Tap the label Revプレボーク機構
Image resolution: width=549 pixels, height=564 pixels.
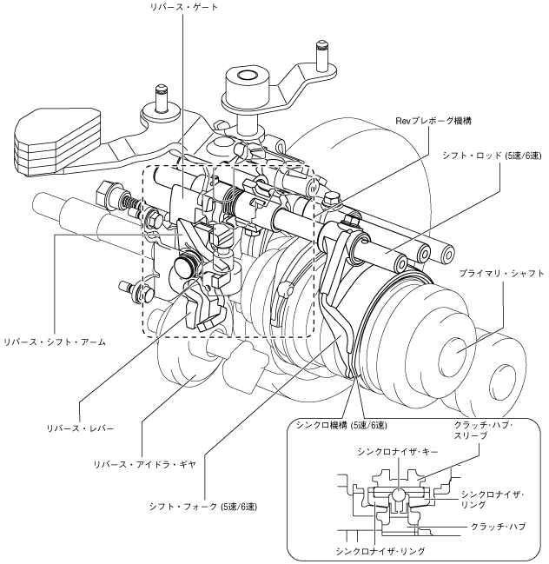[x=433, y=121]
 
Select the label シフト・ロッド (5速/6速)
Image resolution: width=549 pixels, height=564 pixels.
[x=492, y=156]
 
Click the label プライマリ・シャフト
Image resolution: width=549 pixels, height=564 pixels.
[x=501, y=274]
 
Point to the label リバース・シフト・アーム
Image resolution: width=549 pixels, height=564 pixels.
[x=55, y=342]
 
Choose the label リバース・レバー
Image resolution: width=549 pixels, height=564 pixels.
[x=80, y=428]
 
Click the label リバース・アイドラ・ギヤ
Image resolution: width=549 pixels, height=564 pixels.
[x=144, y=464]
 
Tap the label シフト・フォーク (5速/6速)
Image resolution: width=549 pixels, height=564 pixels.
[x=203, y=507]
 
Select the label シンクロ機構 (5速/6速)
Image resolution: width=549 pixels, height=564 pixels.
[x=341, y=426]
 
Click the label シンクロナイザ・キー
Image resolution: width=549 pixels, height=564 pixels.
[x=398, y=452]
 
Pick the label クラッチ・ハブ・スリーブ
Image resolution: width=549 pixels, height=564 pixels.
[x=483, y=430]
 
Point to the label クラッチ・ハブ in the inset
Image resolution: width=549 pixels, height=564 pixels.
[x=498, y=527]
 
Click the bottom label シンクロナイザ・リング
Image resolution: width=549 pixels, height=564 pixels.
[x=380, y=551]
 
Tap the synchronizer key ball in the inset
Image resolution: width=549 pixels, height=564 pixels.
[x=398, y=495]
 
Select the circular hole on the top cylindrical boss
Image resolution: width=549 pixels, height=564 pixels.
[x=247, y=76]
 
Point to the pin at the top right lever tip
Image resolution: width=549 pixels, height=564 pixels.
[x=321, y=55]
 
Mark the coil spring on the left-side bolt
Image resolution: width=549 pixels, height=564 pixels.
[x=130, y=205]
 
